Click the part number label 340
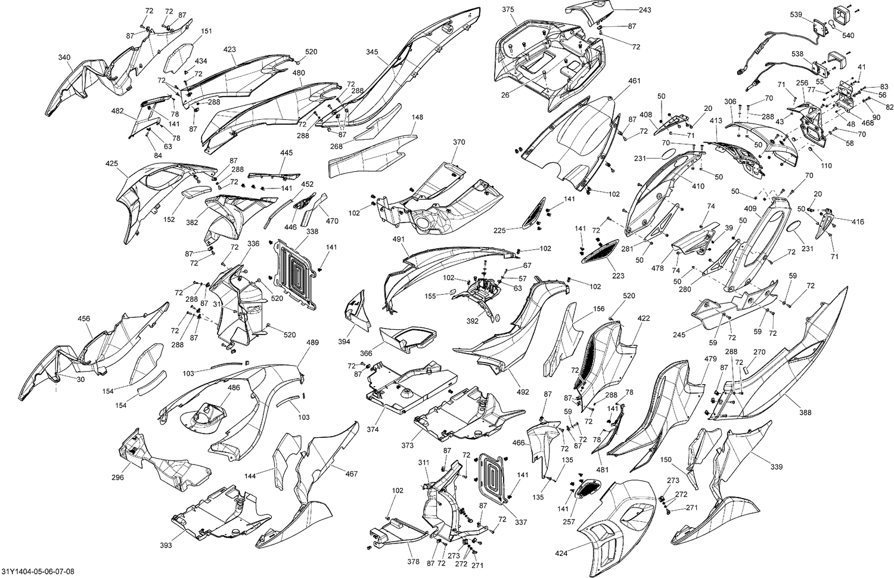(x=64, y=57)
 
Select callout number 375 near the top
(x=508, y=10)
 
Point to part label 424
(x=561, y=553)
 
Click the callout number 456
(x=84, y=319)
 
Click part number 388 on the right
(x=805, y=413)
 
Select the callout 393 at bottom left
(x=166, y=545)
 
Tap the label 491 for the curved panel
(x=398, y=239)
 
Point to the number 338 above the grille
(x=312, y=231)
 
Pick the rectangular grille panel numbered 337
(x=492, y=477)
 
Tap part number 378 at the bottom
(x=414, y=562)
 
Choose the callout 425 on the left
(x=112, y=163)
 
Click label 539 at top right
(x=796, y=15)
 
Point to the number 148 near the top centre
(x=417, y=118)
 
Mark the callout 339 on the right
(x=777, y=466)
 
